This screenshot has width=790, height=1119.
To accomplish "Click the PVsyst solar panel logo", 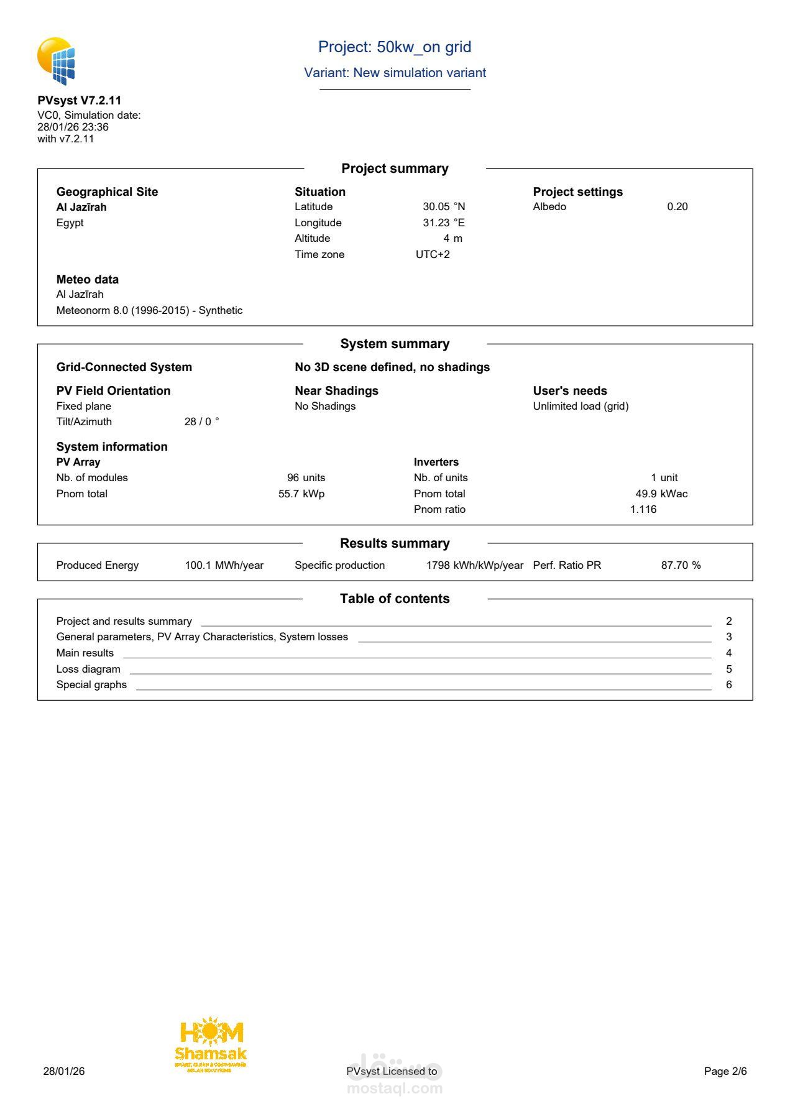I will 56,61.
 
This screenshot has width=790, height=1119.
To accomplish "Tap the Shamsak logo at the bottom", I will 211,1046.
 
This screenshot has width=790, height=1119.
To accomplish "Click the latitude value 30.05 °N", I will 444,207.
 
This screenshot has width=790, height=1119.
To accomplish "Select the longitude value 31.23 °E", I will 444,223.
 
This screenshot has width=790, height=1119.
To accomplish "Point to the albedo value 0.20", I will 677,207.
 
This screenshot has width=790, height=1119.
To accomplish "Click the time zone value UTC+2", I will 433,255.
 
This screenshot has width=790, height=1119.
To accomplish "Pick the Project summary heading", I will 395,169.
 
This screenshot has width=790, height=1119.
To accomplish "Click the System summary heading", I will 395,344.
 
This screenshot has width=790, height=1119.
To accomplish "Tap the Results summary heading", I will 395,544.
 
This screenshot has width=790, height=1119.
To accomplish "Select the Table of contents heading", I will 395,599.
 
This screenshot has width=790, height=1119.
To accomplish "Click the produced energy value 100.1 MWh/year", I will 224,566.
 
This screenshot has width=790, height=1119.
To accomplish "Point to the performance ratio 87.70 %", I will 681,566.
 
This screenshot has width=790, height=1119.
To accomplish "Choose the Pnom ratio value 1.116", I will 643,510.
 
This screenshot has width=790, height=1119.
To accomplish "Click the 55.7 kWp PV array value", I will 301,494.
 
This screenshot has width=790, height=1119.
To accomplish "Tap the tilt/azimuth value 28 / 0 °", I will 201,422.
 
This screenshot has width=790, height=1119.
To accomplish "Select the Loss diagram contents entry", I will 88,670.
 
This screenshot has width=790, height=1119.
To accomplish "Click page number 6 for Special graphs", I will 729,685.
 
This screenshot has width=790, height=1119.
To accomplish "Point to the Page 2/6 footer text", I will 725,1071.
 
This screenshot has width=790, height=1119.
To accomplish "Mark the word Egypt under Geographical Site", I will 70,223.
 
